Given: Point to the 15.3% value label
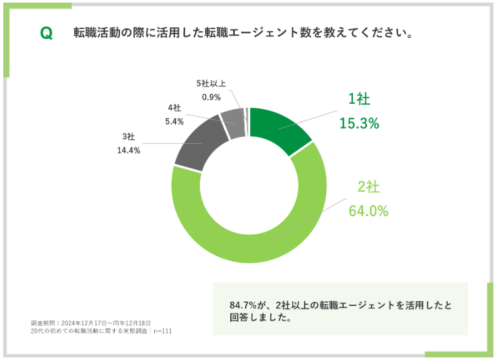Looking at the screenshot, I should click(359, 123).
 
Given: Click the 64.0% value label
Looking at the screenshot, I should click(368, 211).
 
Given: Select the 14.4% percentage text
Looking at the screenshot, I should click(130, 150).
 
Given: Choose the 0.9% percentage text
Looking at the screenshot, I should click(212, 97).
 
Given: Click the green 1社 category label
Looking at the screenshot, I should click(359, 99).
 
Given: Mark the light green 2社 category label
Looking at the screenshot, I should click(369, 187).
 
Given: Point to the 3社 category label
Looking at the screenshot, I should click(128, 136).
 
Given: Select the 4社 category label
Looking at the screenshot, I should click(174, 107).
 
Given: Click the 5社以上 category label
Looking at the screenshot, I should click(211, 83).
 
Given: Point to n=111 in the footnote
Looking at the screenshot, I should click(163, 331).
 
